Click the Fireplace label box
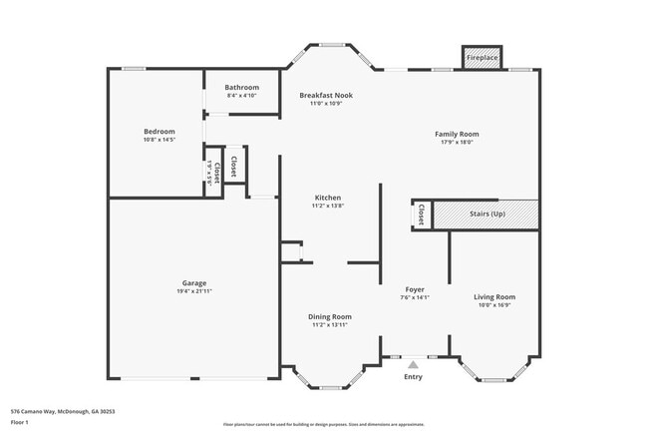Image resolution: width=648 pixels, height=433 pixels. (x=483, y=58)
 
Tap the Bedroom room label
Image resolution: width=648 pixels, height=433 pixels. (x=160, y=131)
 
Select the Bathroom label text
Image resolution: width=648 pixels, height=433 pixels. (x=241, y=87)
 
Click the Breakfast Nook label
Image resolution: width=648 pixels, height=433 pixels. (x=326, y=95)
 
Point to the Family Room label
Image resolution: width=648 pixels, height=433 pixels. (x=457, y=134)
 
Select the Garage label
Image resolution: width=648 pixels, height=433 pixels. (x=194, y=282)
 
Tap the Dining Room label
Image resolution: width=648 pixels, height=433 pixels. (x=330, y=316)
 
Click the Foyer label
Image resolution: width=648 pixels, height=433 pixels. (x=414, y=288)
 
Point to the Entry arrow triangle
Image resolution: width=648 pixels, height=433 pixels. (x=414, y=365)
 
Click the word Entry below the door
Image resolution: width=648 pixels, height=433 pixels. (x=414, y=376)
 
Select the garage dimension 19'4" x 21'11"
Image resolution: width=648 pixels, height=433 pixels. (x=194, y=291)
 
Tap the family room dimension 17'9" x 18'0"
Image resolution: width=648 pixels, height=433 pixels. (x=457, y=142)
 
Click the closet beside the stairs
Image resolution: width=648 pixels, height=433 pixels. (x=422, y=214)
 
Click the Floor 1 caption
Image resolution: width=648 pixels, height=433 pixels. (x=20, y=422)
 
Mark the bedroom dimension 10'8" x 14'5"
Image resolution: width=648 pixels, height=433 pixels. (x=160, y=140)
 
